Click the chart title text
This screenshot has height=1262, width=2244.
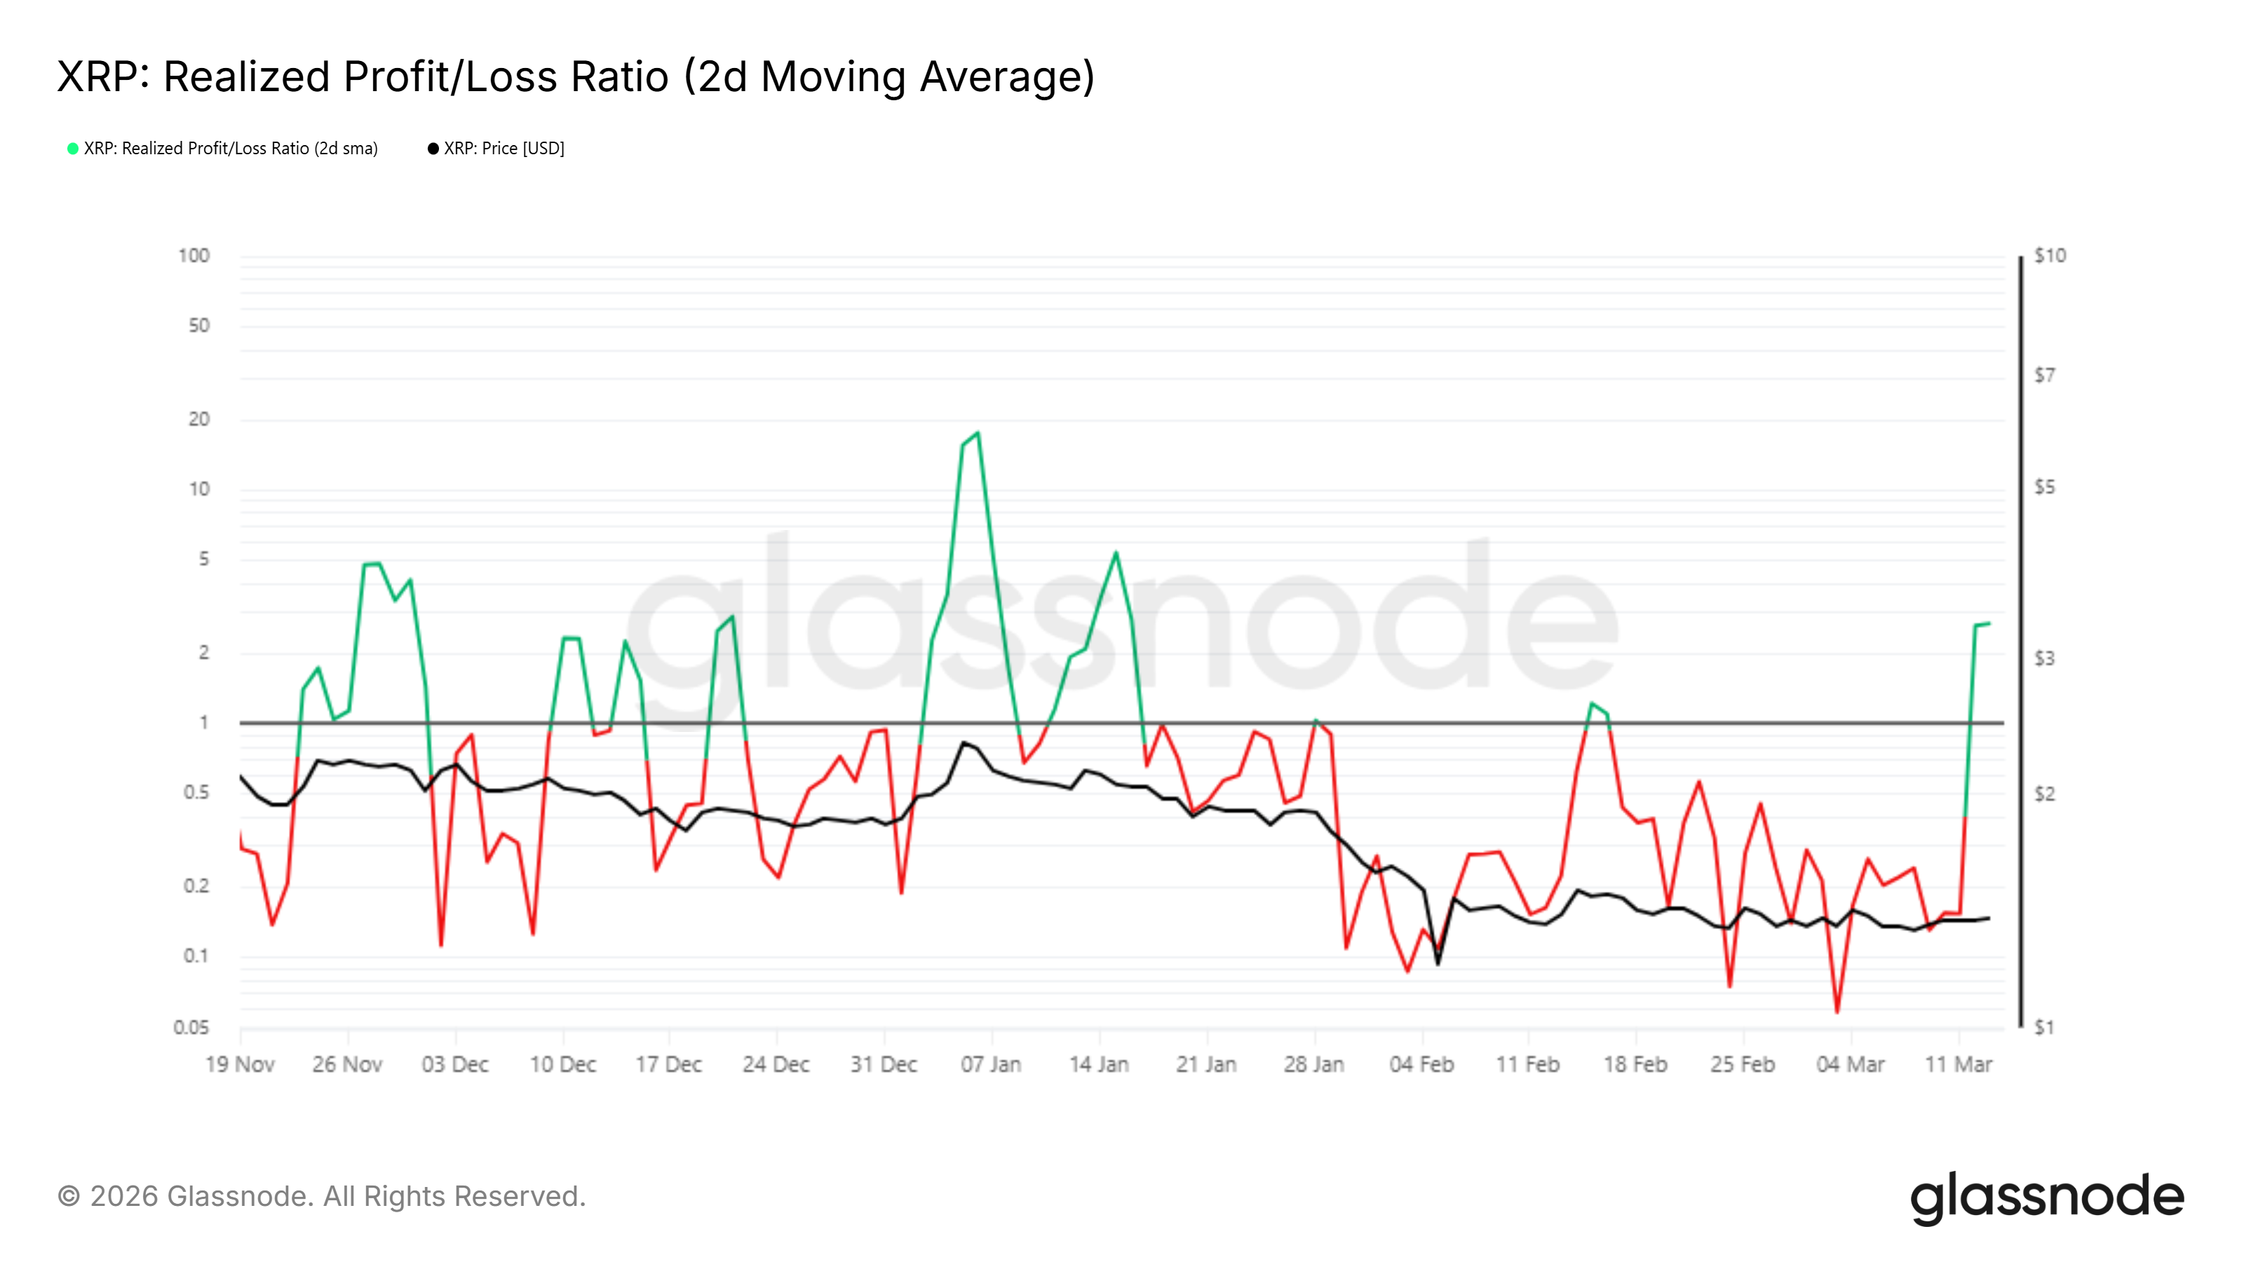coord(575,76)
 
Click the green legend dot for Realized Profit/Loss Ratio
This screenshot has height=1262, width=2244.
coord(73,149)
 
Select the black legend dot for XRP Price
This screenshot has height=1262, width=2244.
coord(433,149)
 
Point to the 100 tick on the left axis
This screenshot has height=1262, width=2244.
coord(194,256)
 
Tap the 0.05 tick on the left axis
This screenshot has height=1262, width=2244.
coord(191,1028)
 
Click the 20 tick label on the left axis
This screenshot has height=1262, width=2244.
coord(199,420)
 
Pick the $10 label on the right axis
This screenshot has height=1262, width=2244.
coord(2049,256)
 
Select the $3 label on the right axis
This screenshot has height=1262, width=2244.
coord(2043,658)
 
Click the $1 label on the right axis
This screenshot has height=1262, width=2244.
coord(2043,1028)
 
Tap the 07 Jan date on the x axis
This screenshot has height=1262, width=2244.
coord(990,1064)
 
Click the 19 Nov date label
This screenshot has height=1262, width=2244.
coord(241,1064)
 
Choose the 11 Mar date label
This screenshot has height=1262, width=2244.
coord(1959,1064)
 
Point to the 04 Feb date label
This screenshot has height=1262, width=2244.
coord(1421,1064)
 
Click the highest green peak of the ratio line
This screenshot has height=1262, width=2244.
coord(978,433)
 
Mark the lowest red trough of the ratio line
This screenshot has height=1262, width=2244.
coord(1837,1012)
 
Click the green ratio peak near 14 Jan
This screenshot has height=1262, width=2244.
coord(1116,552)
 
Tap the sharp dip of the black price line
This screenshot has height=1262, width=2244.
coord(1438,963)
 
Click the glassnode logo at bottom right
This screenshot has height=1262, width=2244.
coord(2047,1197)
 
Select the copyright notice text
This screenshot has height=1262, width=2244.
coord(321,1197)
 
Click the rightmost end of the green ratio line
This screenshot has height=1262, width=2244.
coord(1989,623)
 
